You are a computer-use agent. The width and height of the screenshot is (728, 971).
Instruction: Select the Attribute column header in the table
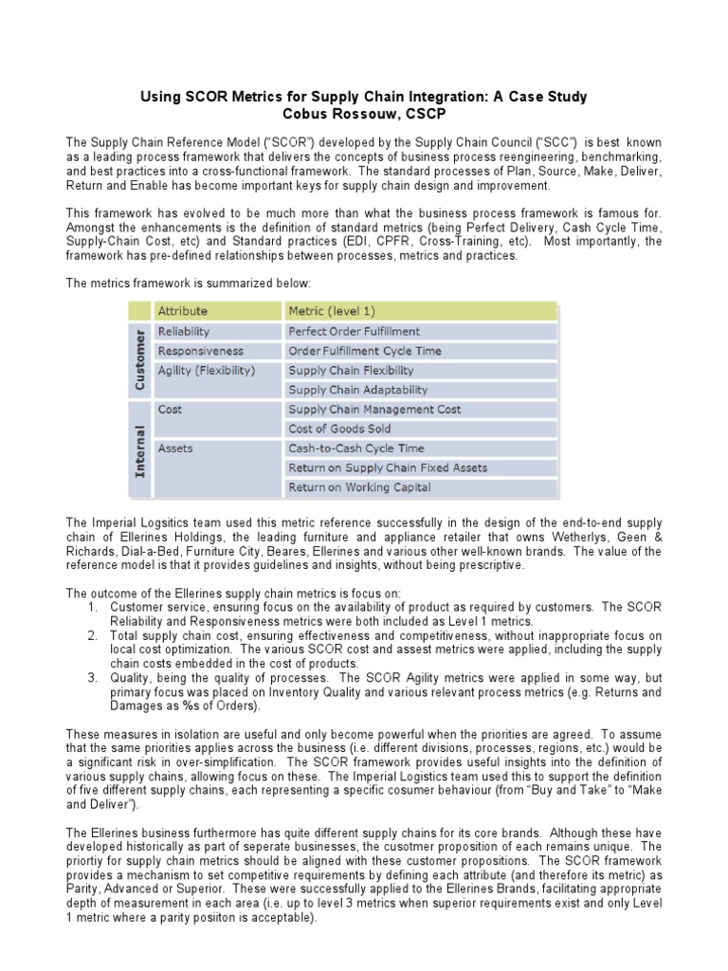tap(183, 311)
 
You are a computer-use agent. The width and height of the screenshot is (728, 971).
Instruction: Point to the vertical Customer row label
tap(140, 360)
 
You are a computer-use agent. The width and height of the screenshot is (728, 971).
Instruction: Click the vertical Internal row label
tap(140, 449)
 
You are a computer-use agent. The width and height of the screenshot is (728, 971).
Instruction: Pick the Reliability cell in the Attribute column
tap(184, 331)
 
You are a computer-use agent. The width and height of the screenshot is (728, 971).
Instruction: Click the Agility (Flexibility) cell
tap(207, 370)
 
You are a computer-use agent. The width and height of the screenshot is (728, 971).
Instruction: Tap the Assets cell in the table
tap(175, 448)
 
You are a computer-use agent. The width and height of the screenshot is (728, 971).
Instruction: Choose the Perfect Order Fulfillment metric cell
tap(354, 331)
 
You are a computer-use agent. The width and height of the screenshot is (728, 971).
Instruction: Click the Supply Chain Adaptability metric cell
tap(357, 390)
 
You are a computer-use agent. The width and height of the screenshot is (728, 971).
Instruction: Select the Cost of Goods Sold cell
tap(339, 429)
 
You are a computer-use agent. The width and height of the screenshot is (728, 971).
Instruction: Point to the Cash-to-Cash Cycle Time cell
tap(355, 448)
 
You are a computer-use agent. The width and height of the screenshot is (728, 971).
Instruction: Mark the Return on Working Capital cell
tap(359, 486)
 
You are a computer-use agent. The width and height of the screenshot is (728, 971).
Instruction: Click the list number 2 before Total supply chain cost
tap(92, 636)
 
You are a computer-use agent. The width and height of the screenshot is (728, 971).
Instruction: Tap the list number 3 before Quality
tap(92, 678)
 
